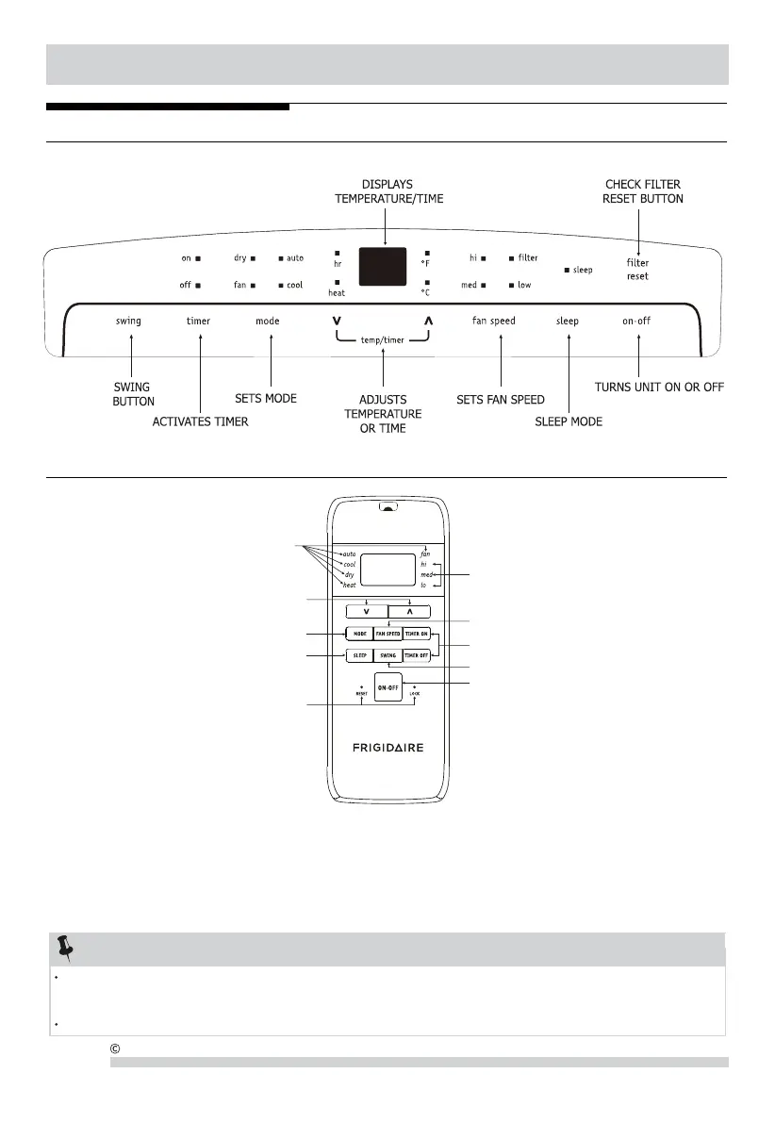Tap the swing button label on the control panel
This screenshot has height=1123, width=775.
pyautogui.click(x=128, y=321)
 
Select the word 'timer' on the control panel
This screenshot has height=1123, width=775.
pyautogui.click(x=198, y=321)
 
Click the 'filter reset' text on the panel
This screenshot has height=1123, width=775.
pyautogui.click(x=637, y=269)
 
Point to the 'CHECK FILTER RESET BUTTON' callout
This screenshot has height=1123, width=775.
pyautogui.click(x=643, y=191)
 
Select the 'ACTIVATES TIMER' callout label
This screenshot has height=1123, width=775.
pyautogui.click(x=201, y=421)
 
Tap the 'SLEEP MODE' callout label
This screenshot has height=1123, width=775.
pyautogui.click(x=569, y=421)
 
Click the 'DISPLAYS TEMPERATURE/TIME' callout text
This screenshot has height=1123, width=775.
pyautogui.click(x=388, y=191)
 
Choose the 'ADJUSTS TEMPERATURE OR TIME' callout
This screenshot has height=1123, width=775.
pyautogui.click(x=383, y=414)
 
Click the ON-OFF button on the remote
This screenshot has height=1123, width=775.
pyautogui.click(x=387, y=687)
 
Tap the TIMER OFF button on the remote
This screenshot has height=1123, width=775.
pyautogui.click(x=416, y=653)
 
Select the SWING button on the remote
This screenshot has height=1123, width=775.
pyautogui.click(x=387, y=653)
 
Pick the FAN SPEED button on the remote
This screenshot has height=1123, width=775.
pyautogui.click(x=387, y=634)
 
